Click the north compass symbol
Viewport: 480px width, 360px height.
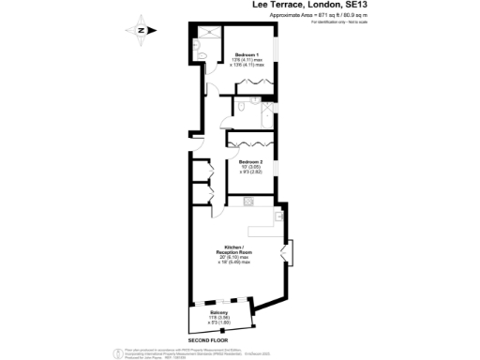click(x=138, y=30)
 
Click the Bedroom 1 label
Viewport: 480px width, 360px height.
click(x=247, y=53)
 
